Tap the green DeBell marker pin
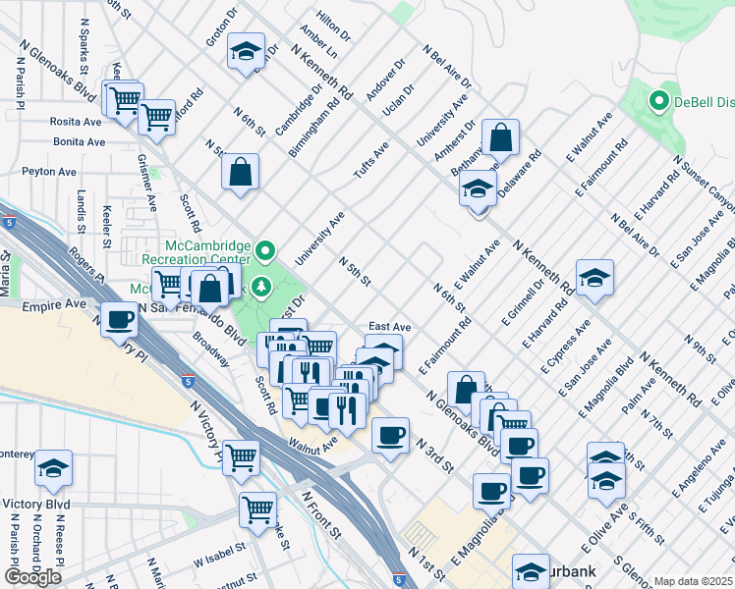click(x=658, y=100)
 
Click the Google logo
click(x=32, y=577)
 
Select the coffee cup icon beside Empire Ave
click(x=120, y=320)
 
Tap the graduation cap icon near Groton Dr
click(x=244, y=53)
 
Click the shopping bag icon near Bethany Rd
click(x=500, y=139)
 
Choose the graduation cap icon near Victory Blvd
click(x=53, y=470)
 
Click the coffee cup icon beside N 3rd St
click(x=390, y=435)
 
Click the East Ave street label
click(x=389, y=326)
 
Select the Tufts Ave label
click(x=371, y=158)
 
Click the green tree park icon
click(x=260, y=287)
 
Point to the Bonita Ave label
click(x=80, y=142)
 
